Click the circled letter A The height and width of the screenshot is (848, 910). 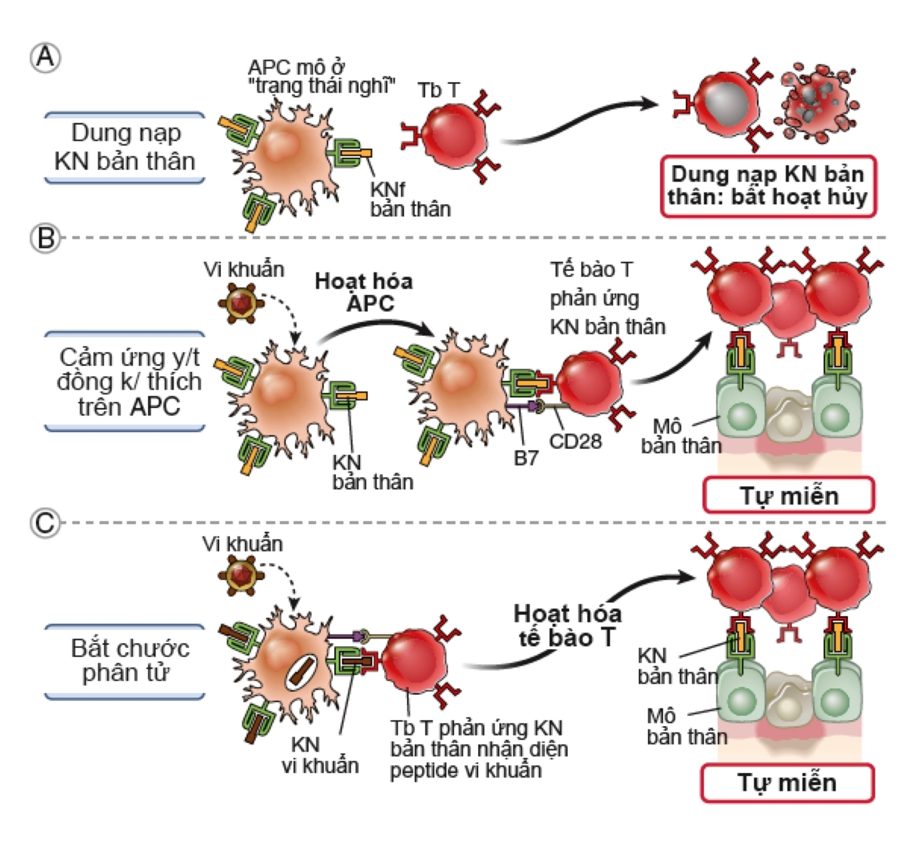point(46,58)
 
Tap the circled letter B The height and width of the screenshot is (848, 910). point(46,238)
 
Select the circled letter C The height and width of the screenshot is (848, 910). point(46,523)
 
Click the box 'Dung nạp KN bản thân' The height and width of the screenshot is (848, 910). point(125,147)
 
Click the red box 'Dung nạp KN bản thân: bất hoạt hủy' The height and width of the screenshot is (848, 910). point(768,186)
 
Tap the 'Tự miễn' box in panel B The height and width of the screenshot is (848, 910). point(789,495)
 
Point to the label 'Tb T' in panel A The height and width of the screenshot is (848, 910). point(438,91)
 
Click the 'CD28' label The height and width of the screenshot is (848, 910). point(575,441)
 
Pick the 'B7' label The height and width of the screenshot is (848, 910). point(526,458)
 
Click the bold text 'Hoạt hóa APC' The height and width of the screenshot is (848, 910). point(364,292)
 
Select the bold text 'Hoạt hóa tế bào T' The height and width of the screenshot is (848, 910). point(567,625)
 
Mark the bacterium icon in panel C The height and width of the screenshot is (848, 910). point(241,574)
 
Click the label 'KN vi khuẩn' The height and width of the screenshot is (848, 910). point(320,755)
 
